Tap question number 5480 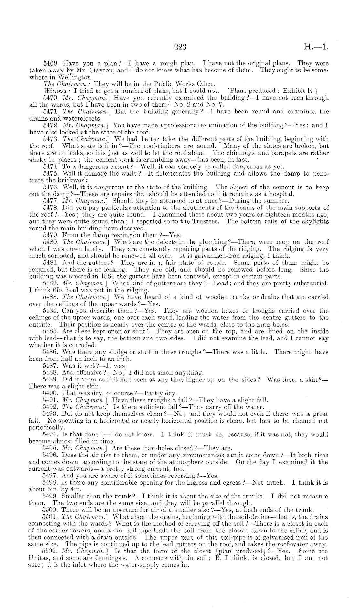click(x=51, y=242)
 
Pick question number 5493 click(x=51, y=414)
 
